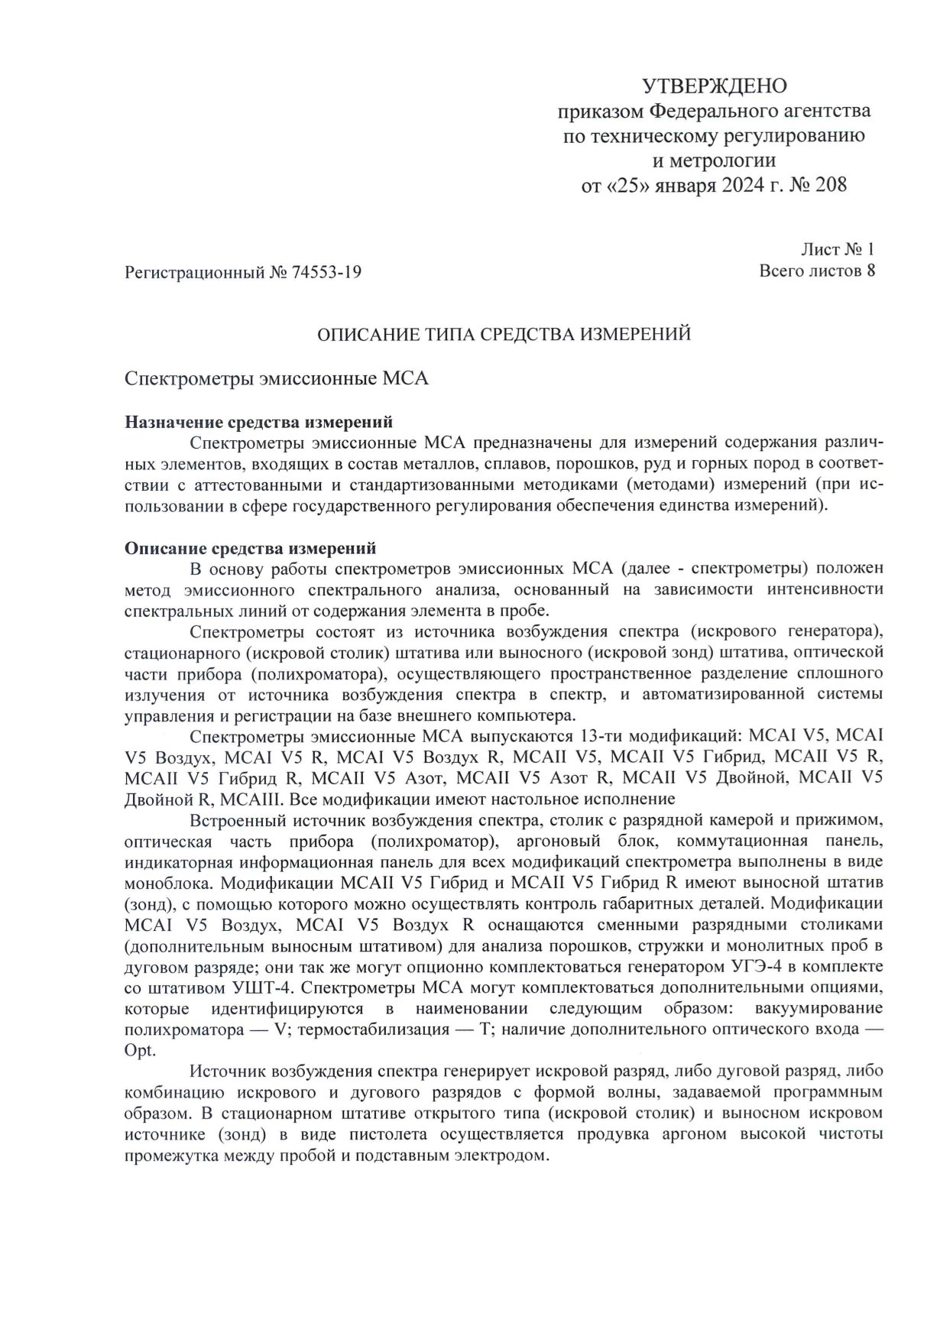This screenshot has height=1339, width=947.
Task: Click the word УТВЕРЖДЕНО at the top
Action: coord(714,86)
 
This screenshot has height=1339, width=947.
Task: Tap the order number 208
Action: coord(831,185)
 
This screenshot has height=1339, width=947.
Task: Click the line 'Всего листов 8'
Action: coord(816,271)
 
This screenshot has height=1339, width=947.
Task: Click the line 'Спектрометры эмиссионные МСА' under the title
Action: coord(276,379)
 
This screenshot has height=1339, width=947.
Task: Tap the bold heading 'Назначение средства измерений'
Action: coord(259,422)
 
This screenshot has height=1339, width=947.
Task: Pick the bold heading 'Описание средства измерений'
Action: coord(250,548)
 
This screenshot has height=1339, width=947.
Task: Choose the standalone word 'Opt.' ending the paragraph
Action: coord(139,1051)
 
